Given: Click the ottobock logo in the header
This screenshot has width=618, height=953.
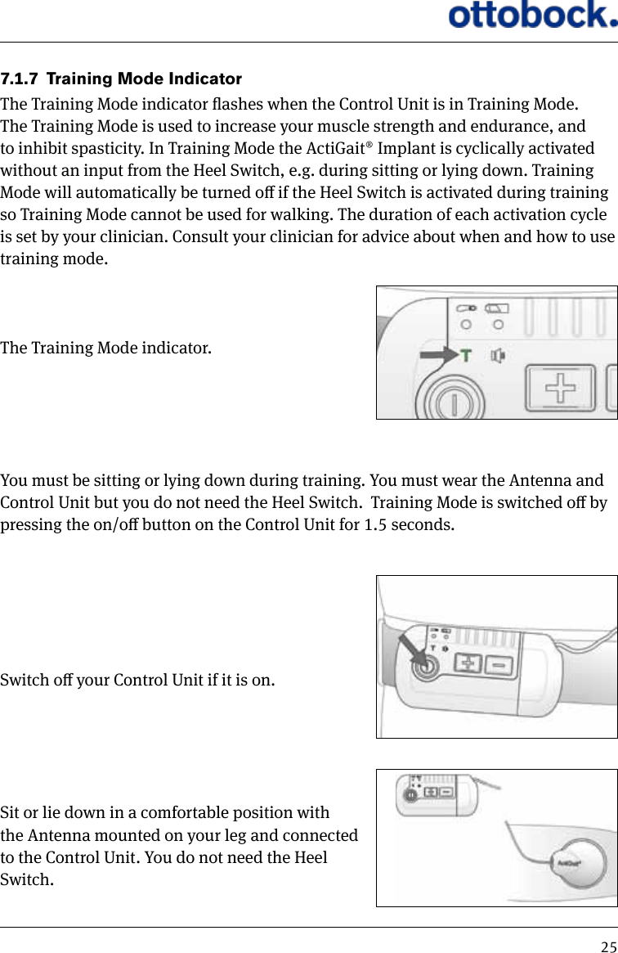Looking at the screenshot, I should (x=531, y=16).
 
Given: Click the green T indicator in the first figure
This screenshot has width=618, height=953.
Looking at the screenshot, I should (x=466, y=356).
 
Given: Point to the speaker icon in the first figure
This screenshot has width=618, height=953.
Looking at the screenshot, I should (x=497, y=356).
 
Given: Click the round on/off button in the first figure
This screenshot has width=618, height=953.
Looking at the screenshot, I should (x=450, y=403).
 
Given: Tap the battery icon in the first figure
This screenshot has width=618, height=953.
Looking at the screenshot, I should (x=496, y=308).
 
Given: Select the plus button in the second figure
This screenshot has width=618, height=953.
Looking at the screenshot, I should (x=467, y=663).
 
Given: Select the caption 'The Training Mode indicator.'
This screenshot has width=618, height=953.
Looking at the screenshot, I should (x=105, y=349).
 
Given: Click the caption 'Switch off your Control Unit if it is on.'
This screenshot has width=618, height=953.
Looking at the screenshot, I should (x=137, y=680).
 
